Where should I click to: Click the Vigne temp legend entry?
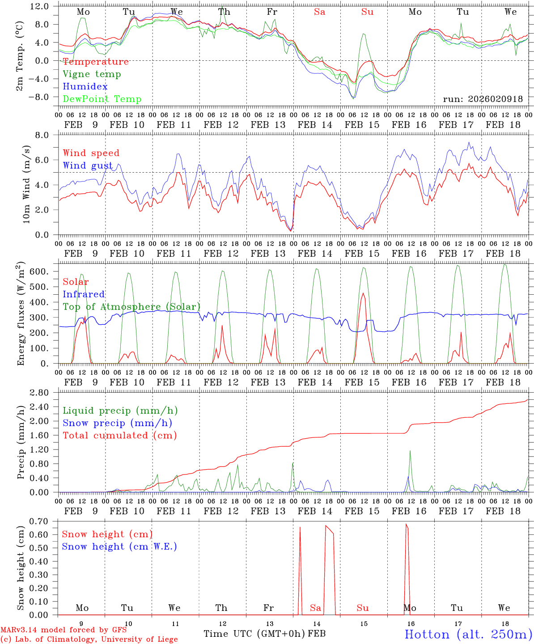(x=92, y=74)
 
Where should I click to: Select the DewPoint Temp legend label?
(x=102, y=99)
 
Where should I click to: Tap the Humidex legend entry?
(x=85, y=87)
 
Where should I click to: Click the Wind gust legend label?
(x=88, y=165)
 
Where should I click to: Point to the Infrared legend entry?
(x=84, y=294)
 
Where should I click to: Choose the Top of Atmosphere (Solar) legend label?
(x=131, y=307)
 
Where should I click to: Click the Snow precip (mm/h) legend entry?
(x=117, y=423)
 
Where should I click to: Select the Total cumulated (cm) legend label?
(x=119, y=436)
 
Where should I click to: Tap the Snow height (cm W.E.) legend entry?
(x=119, y=547)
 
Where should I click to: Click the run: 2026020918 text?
(x=483, y=99)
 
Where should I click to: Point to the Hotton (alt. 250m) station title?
(x=468, y=634)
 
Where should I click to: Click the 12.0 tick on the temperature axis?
(x=40, y=6)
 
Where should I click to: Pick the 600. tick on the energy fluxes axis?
(x=39, y=272)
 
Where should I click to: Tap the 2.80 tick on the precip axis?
(x=39, y=393)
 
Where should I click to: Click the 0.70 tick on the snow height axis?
(x=39, y=521)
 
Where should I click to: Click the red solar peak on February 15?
(x=363, y=294)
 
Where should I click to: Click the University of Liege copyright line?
(x=89, y=640)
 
